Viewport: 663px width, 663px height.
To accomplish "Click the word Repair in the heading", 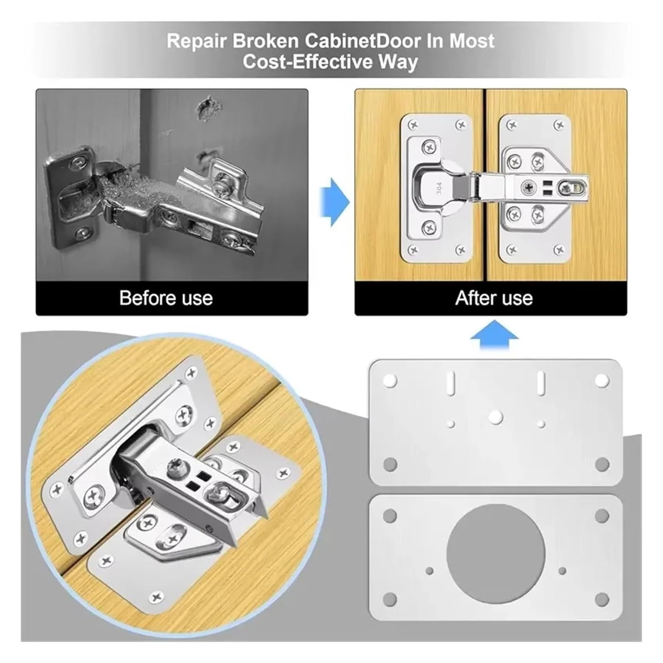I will pos(197,41).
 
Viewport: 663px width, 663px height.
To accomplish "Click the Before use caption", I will pos(166,298).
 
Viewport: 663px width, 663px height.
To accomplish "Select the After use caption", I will pos(494,298).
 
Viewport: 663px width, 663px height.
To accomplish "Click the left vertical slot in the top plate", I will pos(450,383).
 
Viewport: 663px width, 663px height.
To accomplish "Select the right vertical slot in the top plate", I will pos(540,383).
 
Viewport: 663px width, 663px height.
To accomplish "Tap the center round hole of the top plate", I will pos(495,416).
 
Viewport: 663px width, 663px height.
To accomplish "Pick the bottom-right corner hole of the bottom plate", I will pos(602,599).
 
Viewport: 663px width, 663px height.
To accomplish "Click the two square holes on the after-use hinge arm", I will pos(547,187).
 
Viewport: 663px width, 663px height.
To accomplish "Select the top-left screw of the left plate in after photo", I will pos(412,125).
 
